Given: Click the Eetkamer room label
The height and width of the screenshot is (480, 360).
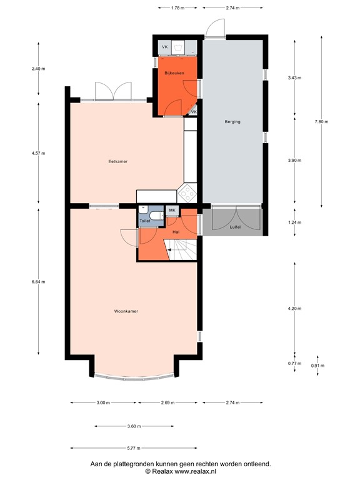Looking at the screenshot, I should tap(117, 161).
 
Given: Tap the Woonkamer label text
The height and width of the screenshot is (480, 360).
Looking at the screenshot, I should tap(126, 311).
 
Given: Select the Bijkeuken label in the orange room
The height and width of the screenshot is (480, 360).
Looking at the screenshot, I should tap(174, 74).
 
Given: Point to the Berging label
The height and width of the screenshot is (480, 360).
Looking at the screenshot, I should tap(232, 122).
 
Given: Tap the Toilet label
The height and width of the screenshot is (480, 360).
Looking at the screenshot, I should tap(144, 221).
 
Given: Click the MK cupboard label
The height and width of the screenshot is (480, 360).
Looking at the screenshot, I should tap(172, 211).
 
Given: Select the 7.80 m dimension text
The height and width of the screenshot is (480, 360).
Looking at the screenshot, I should tap(321, 122).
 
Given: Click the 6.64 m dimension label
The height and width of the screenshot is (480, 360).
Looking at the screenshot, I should tap(39, 281).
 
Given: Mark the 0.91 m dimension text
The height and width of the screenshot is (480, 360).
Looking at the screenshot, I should tap(318, 366).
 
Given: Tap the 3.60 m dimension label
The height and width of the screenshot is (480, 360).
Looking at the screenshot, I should tap(134, 426).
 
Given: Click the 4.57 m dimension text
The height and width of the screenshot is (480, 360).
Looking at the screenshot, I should tap(39, 153).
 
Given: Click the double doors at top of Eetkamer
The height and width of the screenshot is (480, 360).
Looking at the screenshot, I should tap(112, 91).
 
